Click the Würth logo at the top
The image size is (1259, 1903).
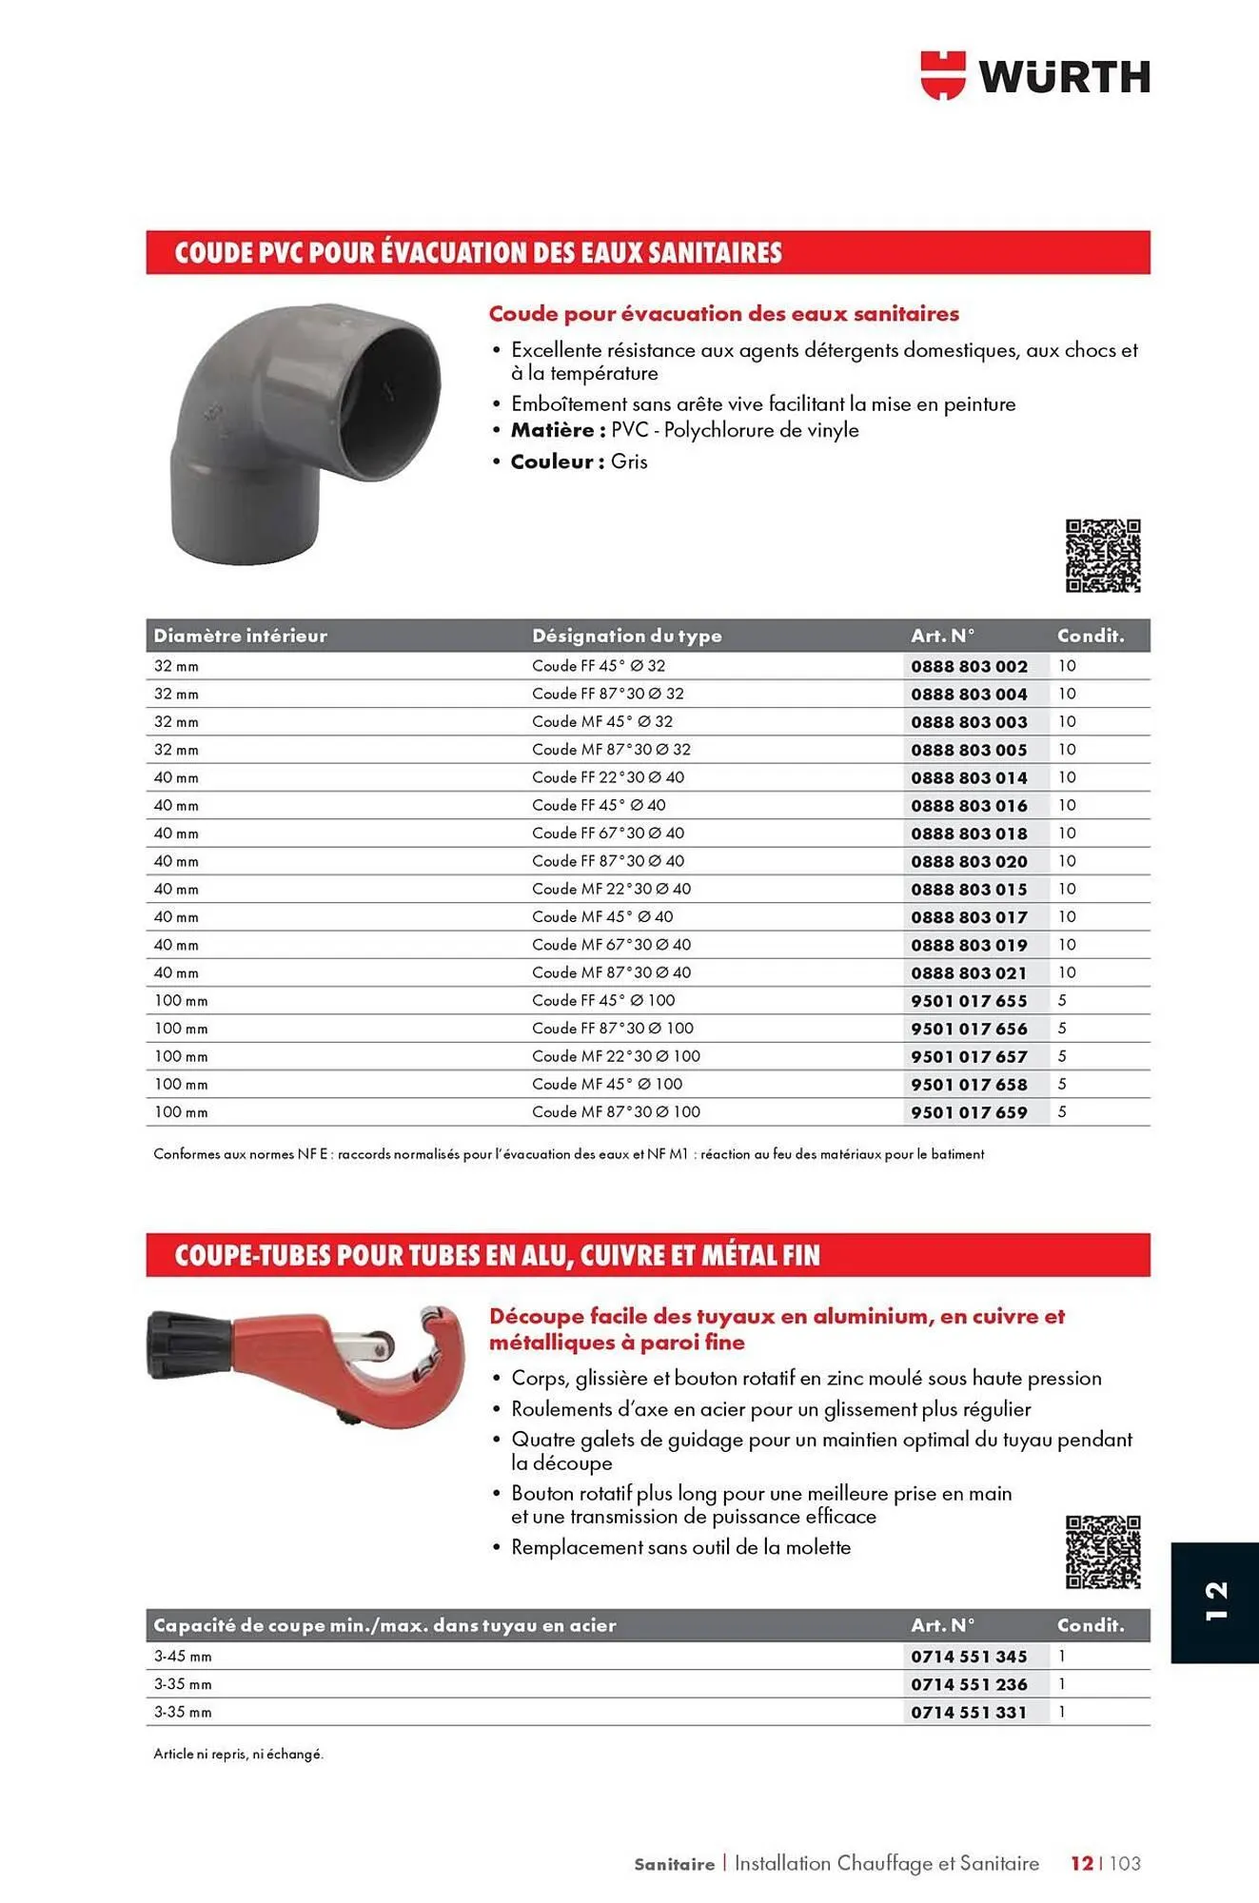[1035, 76]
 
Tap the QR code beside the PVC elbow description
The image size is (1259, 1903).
[1103, 556]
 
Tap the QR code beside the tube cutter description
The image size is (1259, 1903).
[1103, 1552]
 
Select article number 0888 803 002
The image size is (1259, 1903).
[969, 666]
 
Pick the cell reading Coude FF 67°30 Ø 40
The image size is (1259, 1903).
[608, 834]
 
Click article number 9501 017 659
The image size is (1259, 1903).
[969, 1112]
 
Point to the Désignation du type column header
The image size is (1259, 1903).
[626, 636]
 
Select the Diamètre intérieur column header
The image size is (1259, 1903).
[240, 636]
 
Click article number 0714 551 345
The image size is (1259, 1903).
[969, 1657]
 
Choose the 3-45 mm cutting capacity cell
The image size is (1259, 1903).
[183, 1657]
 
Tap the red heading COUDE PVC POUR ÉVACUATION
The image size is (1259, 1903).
[478, 253]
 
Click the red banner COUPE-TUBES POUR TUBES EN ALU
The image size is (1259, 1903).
[497, 1256]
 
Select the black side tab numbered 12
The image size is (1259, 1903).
[1215, 1602]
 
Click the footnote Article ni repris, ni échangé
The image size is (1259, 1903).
[238, 1754]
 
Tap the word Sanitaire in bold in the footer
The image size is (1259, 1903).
[674, 1864]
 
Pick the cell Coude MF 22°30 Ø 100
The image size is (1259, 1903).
[616, 1056]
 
